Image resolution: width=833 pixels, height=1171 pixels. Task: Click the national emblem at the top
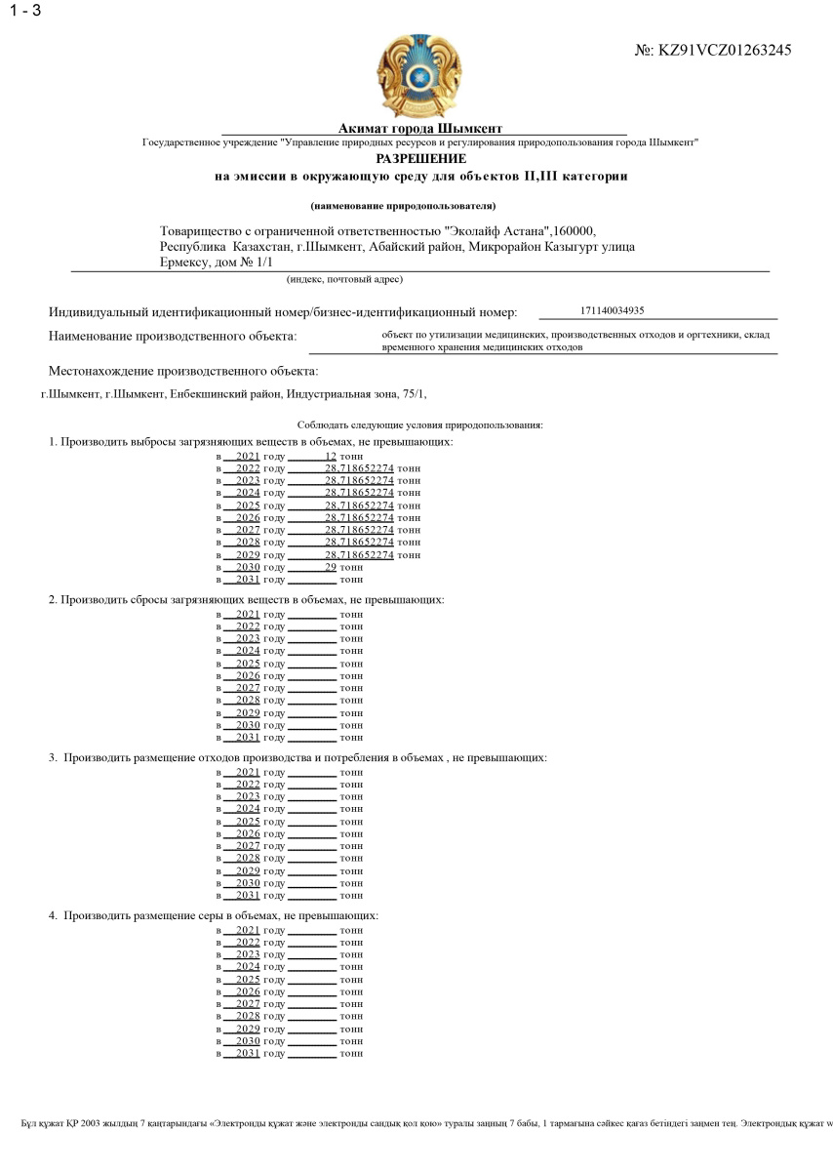tap(419, 76)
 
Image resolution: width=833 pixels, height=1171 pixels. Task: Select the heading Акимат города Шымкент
tap(420, 129)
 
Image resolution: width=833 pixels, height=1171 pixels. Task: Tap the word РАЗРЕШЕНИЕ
tap(420, 158)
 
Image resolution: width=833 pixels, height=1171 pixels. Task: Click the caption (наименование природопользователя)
tap(403, 206)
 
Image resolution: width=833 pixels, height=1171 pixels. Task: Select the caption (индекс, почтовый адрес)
tap(344, 279)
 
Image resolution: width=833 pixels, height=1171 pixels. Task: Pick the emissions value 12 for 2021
tap(331, 456)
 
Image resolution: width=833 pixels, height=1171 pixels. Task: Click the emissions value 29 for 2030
tap(331, 567)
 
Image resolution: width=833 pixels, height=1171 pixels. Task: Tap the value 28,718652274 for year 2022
tap(359, 468)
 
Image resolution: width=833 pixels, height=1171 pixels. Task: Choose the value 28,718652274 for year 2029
tap(359, 554)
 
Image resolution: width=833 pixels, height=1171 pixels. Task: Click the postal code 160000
tap(573, 231)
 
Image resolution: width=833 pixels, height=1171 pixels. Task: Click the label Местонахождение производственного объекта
tap(183, 372)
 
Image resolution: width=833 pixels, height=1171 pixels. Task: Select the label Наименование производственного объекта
tap(173, 337)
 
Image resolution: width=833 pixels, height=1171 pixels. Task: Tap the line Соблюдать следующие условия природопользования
tap(419, 425)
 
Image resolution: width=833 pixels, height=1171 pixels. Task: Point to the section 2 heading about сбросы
tap(246, 599)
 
